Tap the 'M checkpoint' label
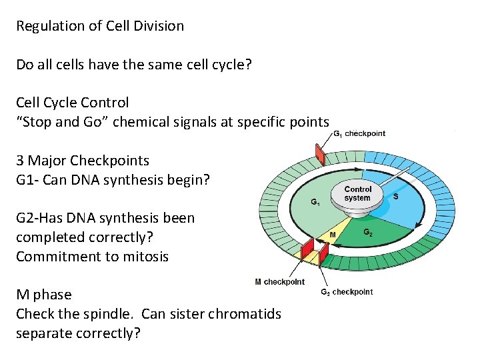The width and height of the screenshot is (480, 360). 279,282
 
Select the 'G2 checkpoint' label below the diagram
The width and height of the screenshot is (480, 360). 347,292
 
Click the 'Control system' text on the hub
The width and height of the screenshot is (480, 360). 357,194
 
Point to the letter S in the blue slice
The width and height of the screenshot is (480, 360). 395,197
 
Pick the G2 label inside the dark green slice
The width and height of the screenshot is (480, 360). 367,233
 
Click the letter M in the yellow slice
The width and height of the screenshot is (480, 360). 333,235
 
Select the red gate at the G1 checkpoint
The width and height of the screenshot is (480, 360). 320,155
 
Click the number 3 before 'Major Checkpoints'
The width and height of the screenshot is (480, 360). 20,161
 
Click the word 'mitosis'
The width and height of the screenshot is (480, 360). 145,257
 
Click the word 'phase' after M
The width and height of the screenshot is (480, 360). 52,295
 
